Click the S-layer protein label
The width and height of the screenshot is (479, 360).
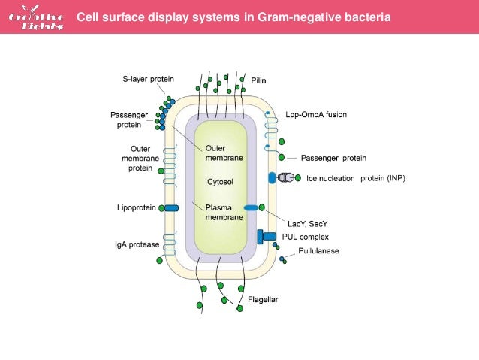click(148, 78)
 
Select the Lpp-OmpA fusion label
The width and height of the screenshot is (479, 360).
click(316, 115)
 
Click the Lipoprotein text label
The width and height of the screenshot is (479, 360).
click(137, 207)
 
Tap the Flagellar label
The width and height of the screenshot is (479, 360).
click(263, 299)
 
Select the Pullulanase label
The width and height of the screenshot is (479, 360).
click(318, 250)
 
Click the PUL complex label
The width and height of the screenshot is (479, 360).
click(305, 237)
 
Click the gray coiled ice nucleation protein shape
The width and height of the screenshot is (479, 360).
click(288, 178)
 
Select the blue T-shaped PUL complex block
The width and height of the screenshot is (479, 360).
click(264, 236)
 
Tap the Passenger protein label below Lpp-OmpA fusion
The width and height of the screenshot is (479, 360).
click(333, 158)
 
